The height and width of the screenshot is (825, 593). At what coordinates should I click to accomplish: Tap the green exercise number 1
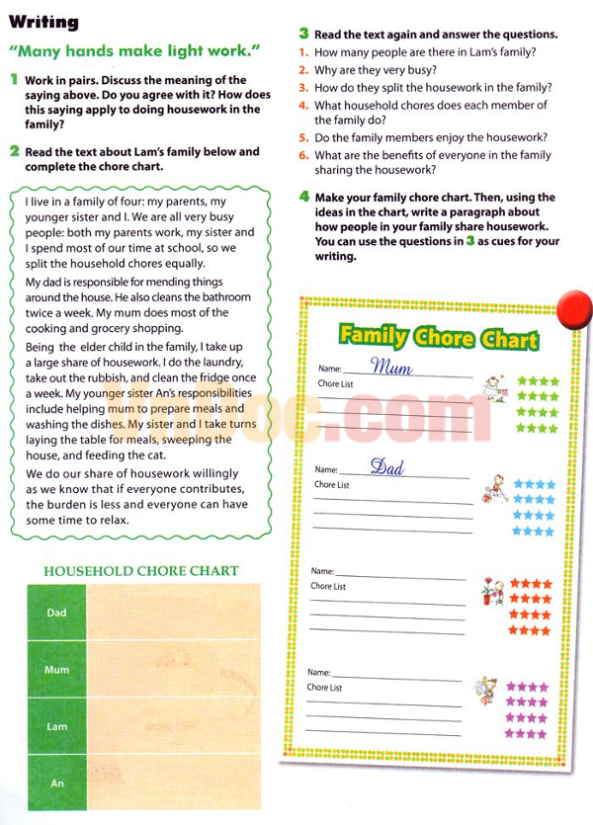(x=14, y=79)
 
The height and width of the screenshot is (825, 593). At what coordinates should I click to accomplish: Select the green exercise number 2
(x=14, y=152)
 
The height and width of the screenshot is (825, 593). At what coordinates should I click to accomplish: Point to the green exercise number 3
(x=304, y=34)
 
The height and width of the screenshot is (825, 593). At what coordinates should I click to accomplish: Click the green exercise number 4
(x=304, y=197)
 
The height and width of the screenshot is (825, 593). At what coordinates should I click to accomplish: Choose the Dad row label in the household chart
(x=56, y=613)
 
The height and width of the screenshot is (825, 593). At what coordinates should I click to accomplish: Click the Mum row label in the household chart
(x=56, y=670)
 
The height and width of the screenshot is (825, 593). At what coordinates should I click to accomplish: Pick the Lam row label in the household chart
(x=56, y=726)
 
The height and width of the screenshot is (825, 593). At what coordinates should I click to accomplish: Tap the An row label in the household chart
(x=56, y=784)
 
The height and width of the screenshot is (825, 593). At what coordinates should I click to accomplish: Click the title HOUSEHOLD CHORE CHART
(x=141, y=571)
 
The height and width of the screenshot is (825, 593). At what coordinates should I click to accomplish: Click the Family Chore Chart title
(x=438, y=337)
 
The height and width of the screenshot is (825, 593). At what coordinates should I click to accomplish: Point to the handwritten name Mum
(x=391, y=368)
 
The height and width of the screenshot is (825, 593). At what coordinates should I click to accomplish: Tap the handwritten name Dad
(x=387, y=466)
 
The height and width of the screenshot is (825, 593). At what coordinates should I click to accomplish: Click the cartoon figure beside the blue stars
(x=494, y=489)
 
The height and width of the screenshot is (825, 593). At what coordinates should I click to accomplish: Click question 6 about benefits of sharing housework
(x=431, y=162)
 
